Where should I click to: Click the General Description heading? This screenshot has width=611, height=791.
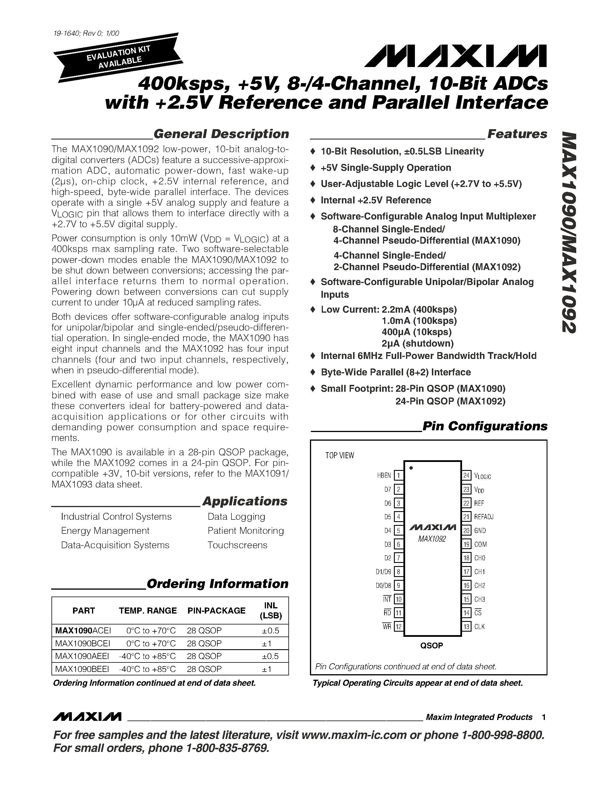[221, 134]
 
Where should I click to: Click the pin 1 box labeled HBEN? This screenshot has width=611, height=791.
[399, 475]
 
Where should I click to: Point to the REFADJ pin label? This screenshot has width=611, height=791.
[484, 517]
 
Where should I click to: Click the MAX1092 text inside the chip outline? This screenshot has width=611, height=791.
[432, 539]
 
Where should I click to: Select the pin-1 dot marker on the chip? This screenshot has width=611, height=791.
[411, 468]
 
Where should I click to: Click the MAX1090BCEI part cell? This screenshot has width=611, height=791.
[83, 644]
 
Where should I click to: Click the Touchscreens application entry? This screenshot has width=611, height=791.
[237, 545]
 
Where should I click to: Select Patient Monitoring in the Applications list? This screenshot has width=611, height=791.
[246, 531]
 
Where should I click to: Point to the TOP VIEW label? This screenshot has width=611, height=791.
[340, 456]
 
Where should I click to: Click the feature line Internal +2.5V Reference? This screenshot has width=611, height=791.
[376, 200]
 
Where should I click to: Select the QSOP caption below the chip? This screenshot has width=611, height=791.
[432, 645]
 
